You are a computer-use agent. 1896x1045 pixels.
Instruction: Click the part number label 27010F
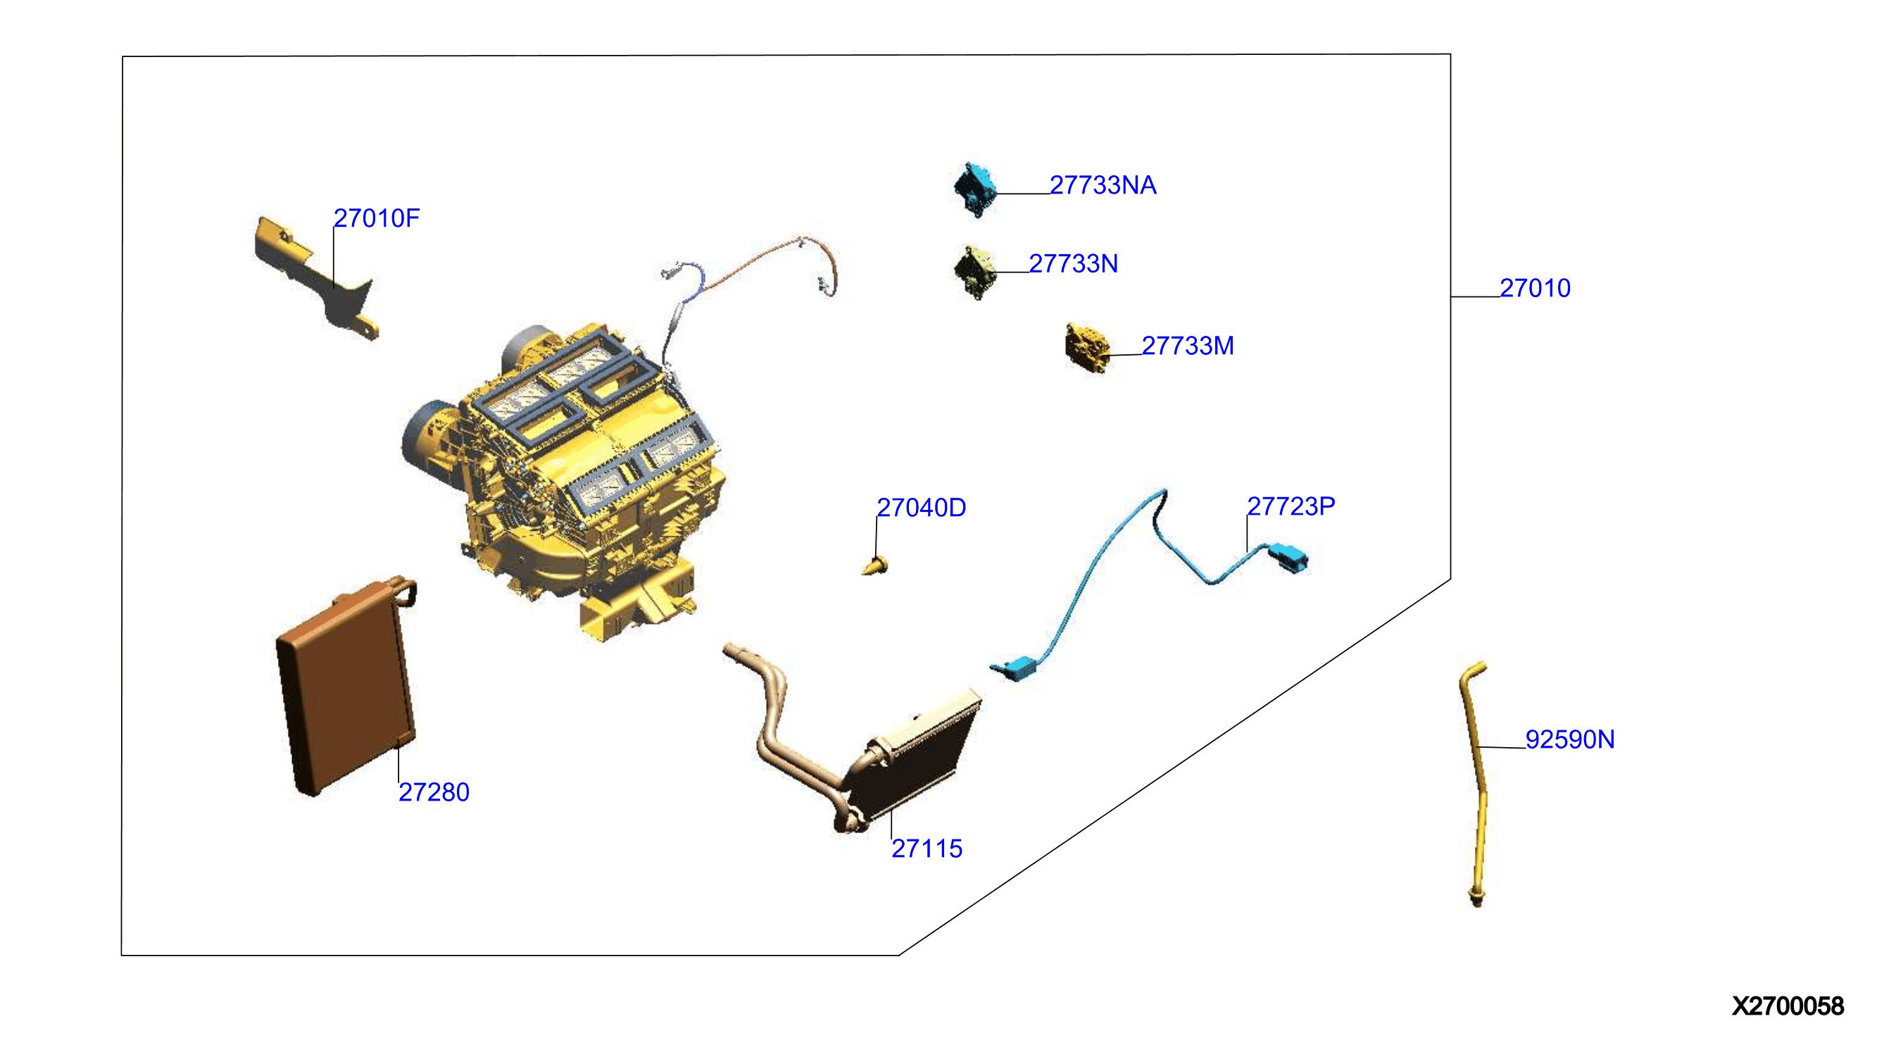[x=376, y=218]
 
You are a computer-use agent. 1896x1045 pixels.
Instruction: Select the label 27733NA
[x=1103, y=185]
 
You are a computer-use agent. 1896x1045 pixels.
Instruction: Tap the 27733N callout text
[x=1073, y=263]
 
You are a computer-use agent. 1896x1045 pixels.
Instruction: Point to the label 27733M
[x=1187, y=346]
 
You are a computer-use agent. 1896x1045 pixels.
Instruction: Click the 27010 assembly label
[x=1535, y=289]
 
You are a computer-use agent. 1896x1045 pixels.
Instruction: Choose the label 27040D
[x=921, y=508]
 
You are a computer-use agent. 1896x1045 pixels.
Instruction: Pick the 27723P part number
[x=1291, y=506]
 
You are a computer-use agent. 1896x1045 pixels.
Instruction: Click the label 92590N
[x=1569, y=739]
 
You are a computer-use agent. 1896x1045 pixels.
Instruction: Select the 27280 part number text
[x=434, y=793]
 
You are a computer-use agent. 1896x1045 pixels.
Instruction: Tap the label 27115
[x=927, y=849]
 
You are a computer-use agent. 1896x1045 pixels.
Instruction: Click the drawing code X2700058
[x=1787, y=1007]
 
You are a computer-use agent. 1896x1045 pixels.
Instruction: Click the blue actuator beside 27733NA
[x=975, y=190]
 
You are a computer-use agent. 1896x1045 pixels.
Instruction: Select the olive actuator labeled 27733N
[x=974, y=273]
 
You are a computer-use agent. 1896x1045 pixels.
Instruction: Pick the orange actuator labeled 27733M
[x=1086, y=347]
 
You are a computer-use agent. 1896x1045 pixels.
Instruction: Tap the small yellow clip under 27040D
[x=875, y=566]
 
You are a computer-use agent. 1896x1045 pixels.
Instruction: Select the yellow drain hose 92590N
[x=1474, y=784]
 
